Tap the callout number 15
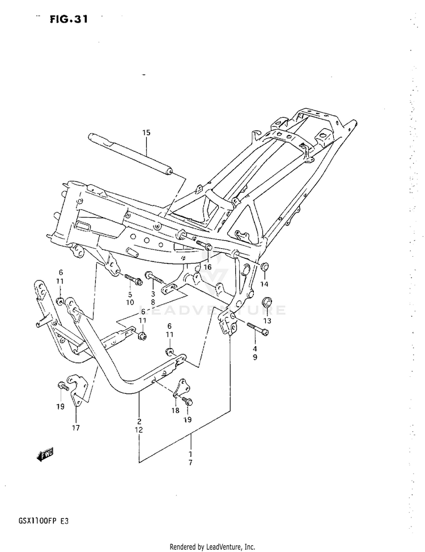pyautogui.click(x=146, y=133)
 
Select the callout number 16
pyautogui.click(x=207, y=267)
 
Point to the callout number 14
pyautogui.click(x=264, y=283)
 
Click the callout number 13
pyautogui.click(x=267, y=321)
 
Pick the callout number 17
pyautogui.click(x=76, y=427)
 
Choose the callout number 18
pyautogui.click(x=176, y=410)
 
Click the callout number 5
pyautogui.click(x=130, y=294)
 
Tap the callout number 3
pyautogui.click(x=153, y=294)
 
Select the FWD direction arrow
pyautogui.click(x=45, y=453)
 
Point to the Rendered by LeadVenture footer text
pyautogui.click(x=212, y=547)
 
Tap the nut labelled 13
pyautogui.click(x=268, y=302)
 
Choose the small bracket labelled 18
pyautogui.click(x=181, y=389)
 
